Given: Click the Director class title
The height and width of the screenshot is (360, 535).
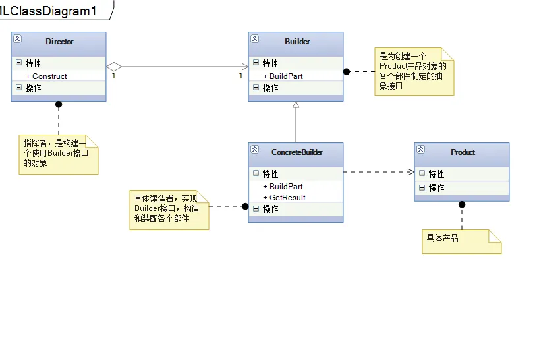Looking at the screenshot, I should click(x=59, y=42).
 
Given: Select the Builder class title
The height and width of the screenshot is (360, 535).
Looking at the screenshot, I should click(x=297, y=42).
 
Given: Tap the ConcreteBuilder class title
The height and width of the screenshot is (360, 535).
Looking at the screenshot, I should click(x=297, y=152).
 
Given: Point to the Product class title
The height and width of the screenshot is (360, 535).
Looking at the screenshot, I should click(x=463, y=152).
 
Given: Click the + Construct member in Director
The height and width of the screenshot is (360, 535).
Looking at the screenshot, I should click(x=47, y=76).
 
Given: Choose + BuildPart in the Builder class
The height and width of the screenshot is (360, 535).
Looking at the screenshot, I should click(x=283, y=76).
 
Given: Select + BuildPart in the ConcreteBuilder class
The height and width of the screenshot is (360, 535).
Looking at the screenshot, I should click(x=283, y=187).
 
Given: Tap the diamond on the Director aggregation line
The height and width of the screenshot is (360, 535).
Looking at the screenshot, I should click(x=115, y=66).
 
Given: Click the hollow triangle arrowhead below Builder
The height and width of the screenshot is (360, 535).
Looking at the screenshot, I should click(x=296, y=105).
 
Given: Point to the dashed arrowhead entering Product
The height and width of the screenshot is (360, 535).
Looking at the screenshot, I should click(x=410, y=172).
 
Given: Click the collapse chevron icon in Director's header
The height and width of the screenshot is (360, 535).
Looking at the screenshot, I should click(x=18, y=39).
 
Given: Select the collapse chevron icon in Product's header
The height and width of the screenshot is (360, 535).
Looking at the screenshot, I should click(x=421, y=150).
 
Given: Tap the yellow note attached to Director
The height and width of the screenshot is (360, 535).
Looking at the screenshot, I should click(x=58, y=154).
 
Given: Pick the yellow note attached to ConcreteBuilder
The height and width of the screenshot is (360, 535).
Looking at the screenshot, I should click(x=169, y=210).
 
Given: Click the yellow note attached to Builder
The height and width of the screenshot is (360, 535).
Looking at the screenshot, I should click(x=414, y=71).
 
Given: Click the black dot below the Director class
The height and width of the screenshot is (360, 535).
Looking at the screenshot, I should click(x=59, y=104).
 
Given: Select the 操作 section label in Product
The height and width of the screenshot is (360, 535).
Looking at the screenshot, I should click(x=437, y=188).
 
